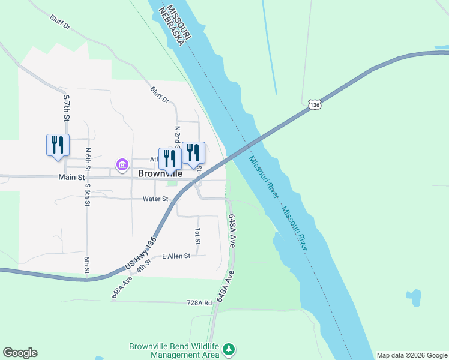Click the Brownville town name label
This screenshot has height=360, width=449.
pos(160,173)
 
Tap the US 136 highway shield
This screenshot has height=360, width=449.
pos(315,104)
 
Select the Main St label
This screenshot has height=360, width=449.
pos(71,177)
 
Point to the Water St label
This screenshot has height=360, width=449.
pos(154,199)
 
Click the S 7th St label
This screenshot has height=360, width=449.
pos(66,107)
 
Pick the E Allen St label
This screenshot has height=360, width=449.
pos(176,256)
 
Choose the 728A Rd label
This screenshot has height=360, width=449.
pos(200,303)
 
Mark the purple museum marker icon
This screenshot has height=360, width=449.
pos(122,164)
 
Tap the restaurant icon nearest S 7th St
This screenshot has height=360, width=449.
pos(58,145)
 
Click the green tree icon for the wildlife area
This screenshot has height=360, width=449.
pos(228,349)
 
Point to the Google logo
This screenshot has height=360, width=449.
pos(20,353)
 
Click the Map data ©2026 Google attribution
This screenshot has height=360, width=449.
pos(412,355)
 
